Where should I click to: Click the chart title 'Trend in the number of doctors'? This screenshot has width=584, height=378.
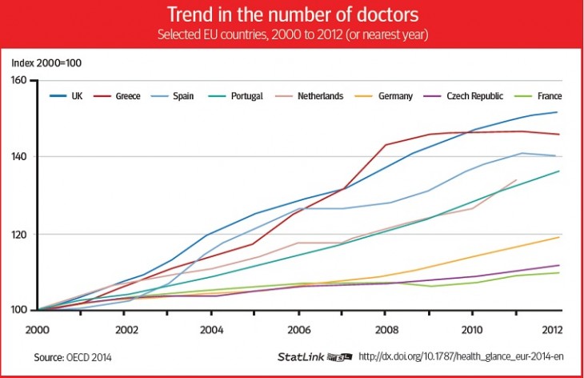(291, 14)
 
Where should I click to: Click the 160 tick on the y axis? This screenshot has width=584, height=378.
(19, 80)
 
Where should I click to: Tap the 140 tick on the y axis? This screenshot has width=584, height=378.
(19, 157)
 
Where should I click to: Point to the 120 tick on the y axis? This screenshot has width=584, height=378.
(19, 234)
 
